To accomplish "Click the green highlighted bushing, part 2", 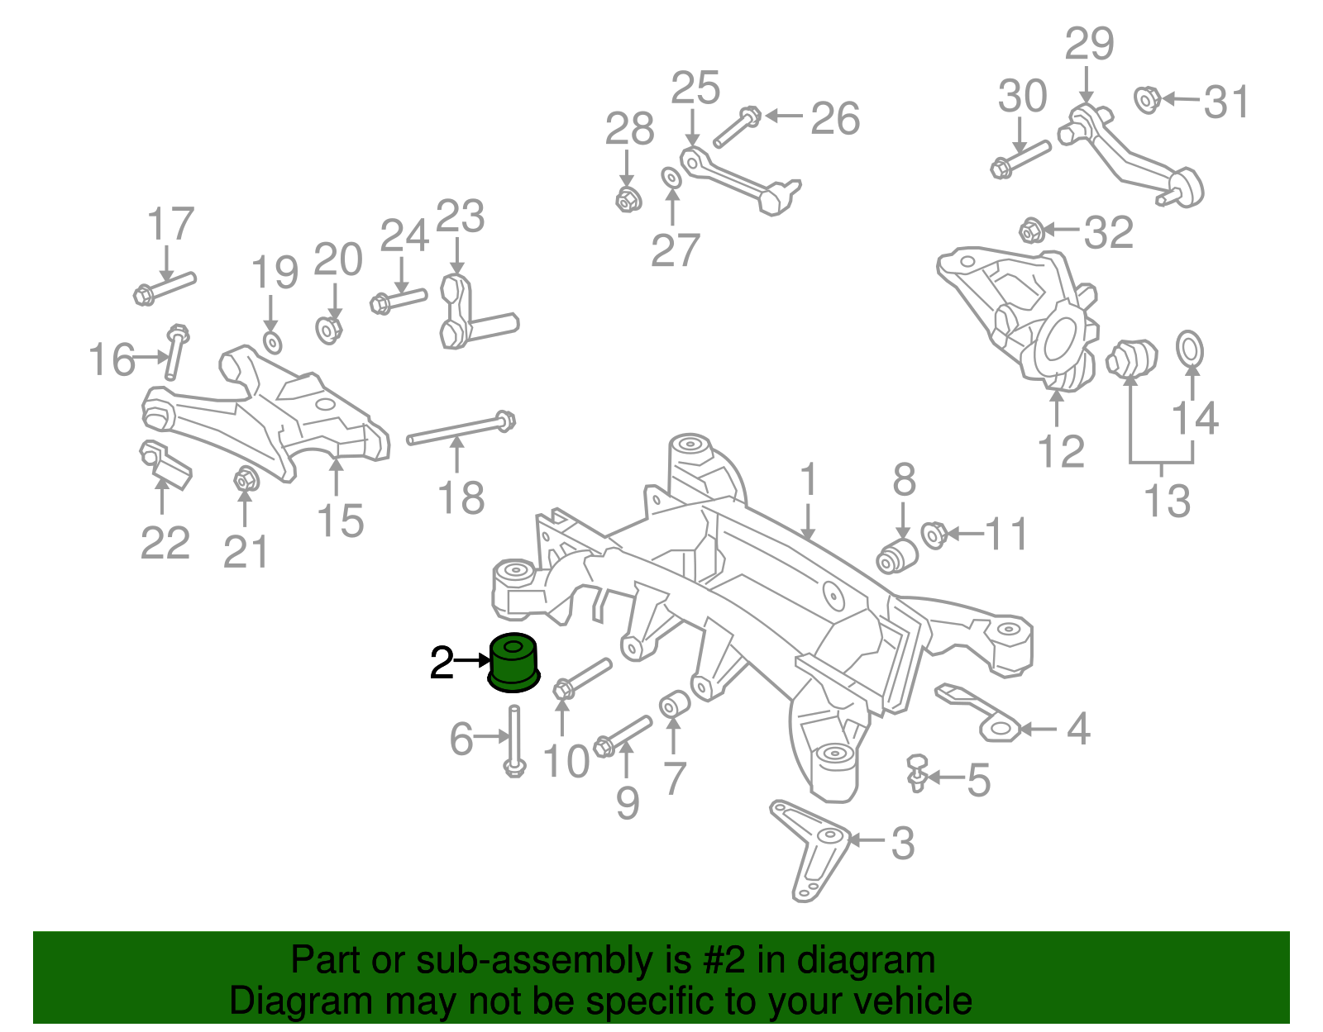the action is coord(513,663).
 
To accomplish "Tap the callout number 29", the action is coord(1089,44).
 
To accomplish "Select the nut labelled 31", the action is coord(1147,100).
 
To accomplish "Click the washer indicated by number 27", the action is coord(671,178).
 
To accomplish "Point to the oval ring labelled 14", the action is coord(1190,350).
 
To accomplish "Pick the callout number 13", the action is coord(1167,501).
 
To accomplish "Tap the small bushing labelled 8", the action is coord(897,555).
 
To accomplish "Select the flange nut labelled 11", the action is coord(934,535).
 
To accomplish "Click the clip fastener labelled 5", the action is coord(916,773).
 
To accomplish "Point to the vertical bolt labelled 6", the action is coord(514,740).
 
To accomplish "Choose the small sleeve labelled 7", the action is coord(674,704).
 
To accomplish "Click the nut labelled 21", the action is coord(246,479).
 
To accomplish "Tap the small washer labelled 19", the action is coord(273,342).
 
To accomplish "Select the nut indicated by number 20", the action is coord(329,330).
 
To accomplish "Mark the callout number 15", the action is coord(341,521).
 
